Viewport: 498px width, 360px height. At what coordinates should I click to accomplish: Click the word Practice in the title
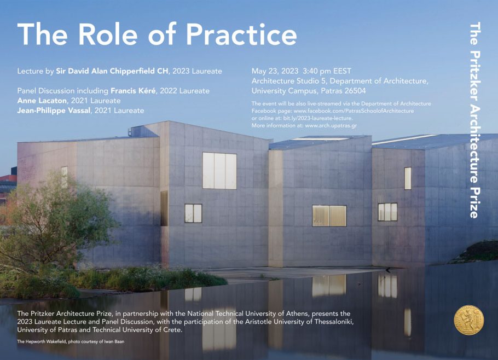point(241,34)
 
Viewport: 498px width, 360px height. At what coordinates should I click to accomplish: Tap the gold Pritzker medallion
point(469,320)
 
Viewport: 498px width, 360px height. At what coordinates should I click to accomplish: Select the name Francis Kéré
point(134,91)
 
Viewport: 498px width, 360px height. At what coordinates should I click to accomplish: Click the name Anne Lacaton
point(42,101)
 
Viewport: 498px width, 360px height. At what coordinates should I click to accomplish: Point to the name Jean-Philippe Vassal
point(54,111)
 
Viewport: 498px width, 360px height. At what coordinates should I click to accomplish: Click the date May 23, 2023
point(275,71)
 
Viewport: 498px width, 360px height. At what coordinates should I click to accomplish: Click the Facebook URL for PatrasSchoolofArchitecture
point(354,111)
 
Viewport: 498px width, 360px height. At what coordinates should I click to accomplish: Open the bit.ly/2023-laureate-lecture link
point(318,118)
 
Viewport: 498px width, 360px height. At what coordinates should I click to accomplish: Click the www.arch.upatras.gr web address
point(331,125)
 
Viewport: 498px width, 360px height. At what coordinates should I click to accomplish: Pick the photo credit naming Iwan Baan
point(71,341)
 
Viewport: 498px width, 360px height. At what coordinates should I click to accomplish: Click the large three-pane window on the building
point(220,171)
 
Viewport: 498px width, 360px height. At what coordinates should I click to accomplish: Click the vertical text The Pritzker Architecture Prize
point(475,120)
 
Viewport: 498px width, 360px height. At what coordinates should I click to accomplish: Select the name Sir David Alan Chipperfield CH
point(112,71)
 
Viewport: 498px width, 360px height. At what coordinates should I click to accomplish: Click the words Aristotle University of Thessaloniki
point(299,322)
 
